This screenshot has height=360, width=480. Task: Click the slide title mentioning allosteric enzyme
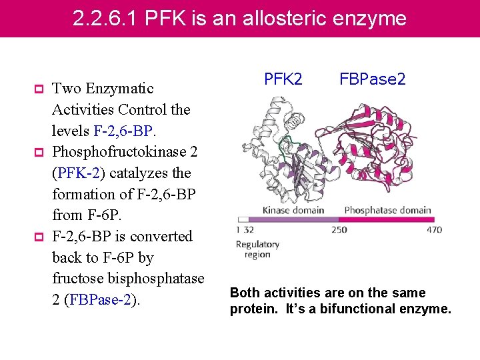pyautogui.click(x=239, y=18)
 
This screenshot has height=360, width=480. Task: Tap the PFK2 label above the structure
pyautogui.click(x=283, y=79)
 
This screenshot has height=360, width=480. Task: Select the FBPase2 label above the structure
pyautogui.click(x=373, y=79)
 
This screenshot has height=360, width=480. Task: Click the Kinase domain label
pyautogui.click(x=293, y=210)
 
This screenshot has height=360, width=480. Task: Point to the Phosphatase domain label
pyautogui.click(x=387, y=210)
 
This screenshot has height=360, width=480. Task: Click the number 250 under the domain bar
pyautogui.click(x=339, y=230)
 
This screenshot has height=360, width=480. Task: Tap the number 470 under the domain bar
pyautogui.click(x=434, y=230)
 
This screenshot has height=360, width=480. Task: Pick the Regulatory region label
pyautogui.click(x=257, y=249)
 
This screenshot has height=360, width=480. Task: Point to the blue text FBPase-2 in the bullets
pyautogui.click(x=105, y=300)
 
